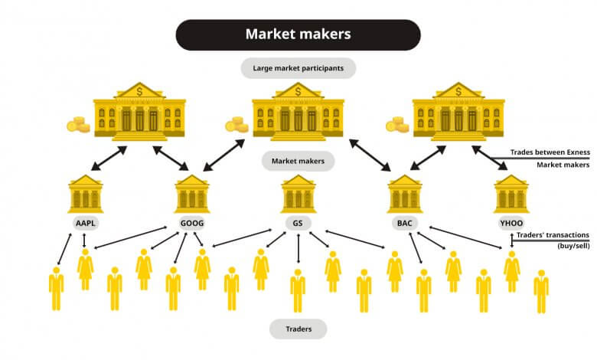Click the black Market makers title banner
click(x=298, y=34)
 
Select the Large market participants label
click(x=298, y=68)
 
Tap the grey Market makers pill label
click(x=298, y=161)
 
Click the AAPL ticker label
click(x=86, y=223)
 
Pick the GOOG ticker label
click(x=192, y=223)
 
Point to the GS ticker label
click(x=298, y=223)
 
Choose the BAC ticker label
click(x=404, y=223)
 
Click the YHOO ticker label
click(x=511, y=223)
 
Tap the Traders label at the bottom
click(x=298, y=329)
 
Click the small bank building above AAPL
click(x=85, y=194)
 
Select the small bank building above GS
click(x=298, y=194)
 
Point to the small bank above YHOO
click(x=511, y=194)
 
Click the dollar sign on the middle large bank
click(x=298, y=91)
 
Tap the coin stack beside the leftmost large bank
click(x=78, y=125)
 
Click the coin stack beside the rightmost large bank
click(x=397, y=125)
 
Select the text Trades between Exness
click(x=550, y=152)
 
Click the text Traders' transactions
click(x=553, y=235)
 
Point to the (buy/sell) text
click(x=573, y=246)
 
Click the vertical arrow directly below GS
click(x=298, y=248)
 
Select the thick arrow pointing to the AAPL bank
click(x=109, y=158)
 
